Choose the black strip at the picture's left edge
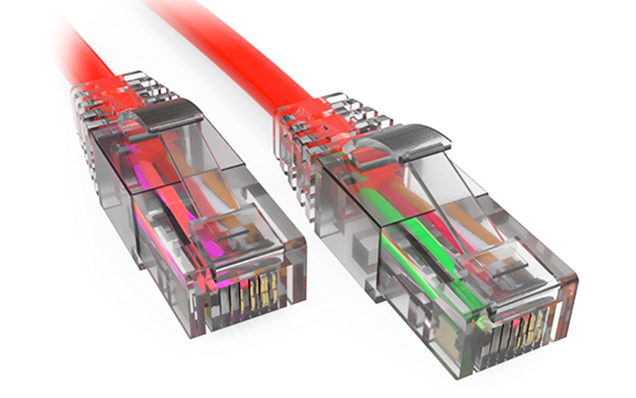19,199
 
